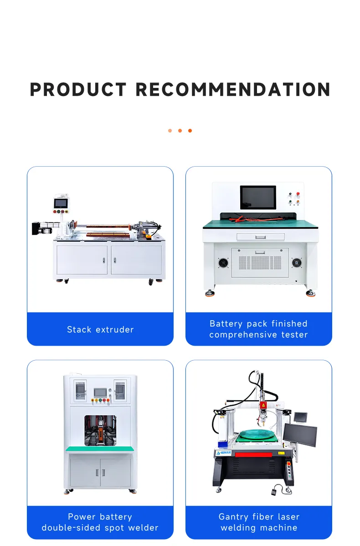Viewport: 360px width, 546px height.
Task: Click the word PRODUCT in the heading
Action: [x=78, y=90]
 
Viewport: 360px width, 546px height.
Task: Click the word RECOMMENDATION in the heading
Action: [x=233, y=90]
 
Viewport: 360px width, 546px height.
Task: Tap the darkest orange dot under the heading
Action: [x=190, y=131]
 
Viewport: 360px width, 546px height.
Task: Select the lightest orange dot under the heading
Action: [x=170, y=131]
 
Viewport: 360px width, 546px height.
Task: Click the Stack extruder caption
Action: [x=100, y=329]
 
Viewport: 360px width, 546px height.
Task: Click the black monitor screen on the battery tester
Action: [x=258, y=197]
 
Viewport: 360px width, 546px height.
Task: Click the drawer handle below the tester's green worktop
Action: [x=260, y=237]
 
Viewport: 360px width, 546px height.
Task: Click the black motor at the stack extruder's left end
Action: [x=36, y=227]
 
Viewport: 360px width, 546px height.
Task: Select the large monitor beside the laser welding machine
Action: [x=300, y=434]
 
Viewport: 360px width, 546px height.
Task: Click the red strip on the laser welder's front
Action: [x=252, y=454]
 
